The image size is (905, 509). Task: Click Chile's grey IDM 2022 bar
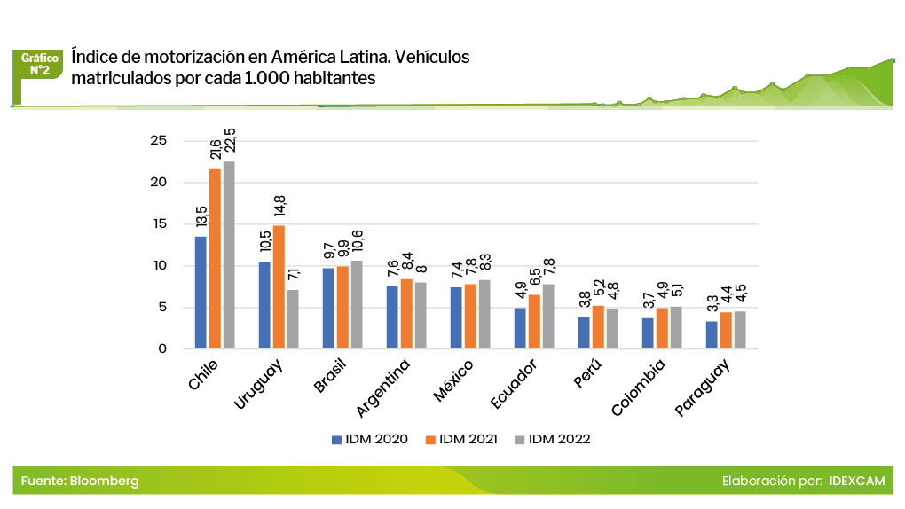tap(229, 255)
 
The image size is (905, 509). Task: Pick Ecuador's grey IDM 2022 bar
tap(548, 317)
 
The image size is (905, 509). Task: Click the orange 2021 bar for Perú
tap(598, 327)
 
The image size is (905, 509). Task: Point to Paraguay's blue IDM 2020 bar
tap(712, 335)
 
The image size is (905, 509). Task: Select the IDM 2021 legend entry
tap(461, 439)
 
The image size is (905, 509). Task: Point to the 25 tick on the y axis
tap(159, 140)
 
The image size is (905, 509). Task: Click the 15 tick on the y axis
tap(159, 224)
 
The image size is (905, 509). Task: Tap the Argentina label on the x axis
tap(384, 388)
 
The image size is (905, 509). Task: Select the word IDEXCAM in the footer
tap(856, 481)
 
